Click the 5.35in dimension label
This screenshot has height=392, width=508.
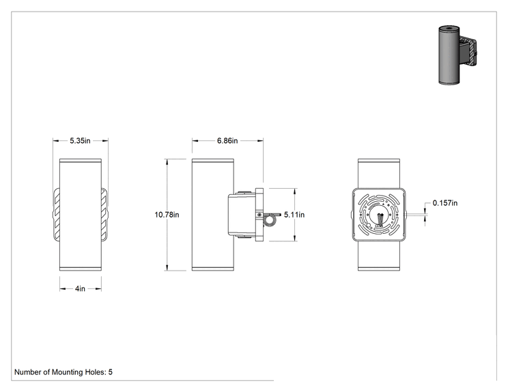coord(80,140)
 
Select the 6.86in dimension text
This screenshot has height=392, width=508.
coord(227,140)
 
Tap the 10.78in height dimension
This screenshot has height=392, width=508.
coord(167,215)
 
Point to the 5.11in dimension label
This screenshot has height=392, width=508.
coord(294,215)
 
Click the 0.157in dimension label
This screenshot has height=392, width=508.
coord(445,203)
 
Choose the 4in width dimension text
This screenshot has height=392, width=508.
coord(80,288)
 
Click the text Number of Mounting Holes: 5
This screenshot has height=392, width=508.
coord(63,372)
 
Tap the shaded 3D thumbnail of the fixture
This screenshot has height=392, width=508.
coord(457,55)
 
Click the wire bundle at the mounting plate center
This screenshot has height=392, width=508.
coord(380,220)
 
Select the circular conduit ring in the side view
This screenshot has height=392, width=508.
coord(268,221)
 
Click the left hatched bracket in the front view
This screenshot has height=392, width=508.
coord(56,215)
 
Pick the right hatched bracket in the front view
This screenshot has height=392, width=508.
coord(104,215)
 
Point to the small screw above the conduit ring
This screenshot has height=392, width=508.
coord(259,215)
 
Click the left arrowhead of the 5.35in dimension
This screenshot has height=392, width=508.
coord(56,140)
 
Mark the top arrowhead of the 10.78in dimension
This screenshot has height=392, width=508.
coord(167,162)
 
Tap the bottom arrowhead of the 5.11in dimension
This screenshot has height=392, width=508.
coord(294,238)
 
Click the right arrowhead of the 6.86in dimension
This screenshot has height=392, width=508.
coord(260,140)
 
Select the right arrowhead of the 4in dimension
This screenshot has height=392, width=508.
coord(98,288)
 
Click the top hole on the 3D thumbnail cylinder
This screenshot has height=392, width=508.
coord(449,28)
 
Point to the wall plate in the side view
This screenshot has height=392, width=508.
coord(259,215)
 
